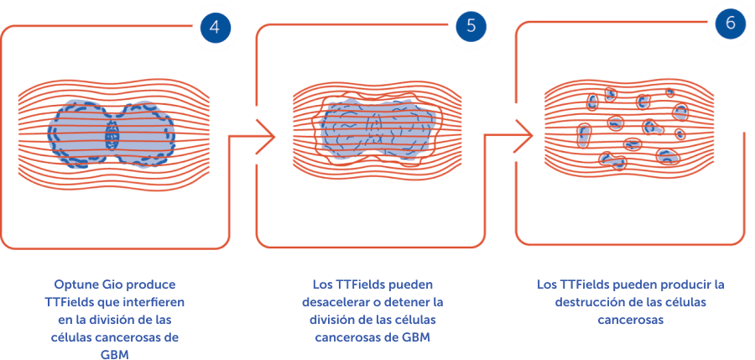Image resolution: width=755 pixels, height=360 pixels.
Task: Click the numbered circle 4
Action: tap(215, 26)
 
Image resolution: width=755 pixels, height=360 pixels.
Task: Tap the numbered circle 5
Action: tap(471, 25)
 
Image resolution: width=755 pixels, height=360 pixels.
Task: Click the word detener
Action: tap(418, 301)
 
